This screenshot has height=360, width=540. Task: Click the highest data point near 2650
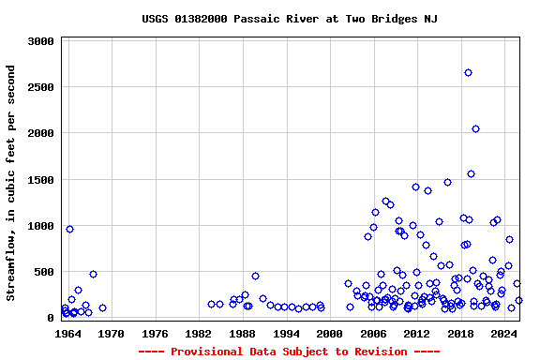pos(468,72)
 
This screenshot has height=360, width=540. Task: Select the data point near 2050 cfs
pos(475,128)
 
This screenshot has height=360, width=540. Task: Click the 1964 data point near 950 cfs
pos(69,229)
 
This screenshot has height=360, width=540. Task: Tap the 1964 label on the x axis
pos(67,334)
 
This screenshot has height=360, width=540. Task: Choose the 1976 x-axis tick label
pos(155,334)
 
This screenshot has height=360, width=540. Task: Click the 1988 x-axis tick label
pos(242,334)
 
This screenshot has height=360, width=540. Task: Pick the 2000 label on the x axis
pos(329,334)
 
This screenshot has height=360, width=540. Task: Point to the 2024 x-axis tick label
pos(504,334)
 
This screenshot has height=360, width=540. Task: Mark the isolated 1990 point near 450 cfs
pos(255,276)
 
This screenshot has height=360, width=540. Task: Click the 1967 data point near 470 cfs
pos(93,274)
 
